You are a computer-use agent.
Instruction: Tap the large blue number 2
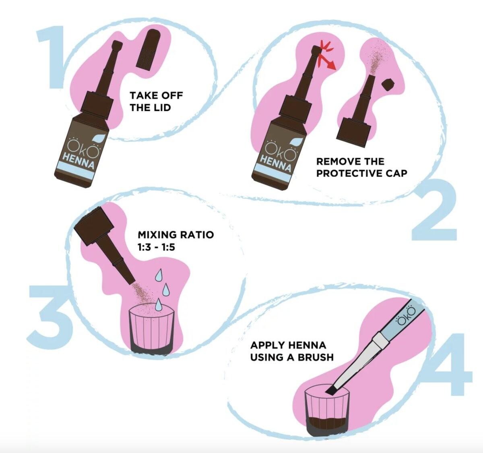tap(434, 210)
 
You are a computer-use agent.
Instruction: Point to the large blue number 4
tap(448, 364)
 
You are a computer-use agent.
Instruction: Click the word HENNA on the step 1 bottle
tap(78, 161)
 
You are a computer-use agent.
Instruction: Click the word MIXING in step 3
tap(157, 235)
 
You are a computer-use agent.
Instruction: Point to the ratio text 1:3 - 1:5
tap(156, 247)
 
